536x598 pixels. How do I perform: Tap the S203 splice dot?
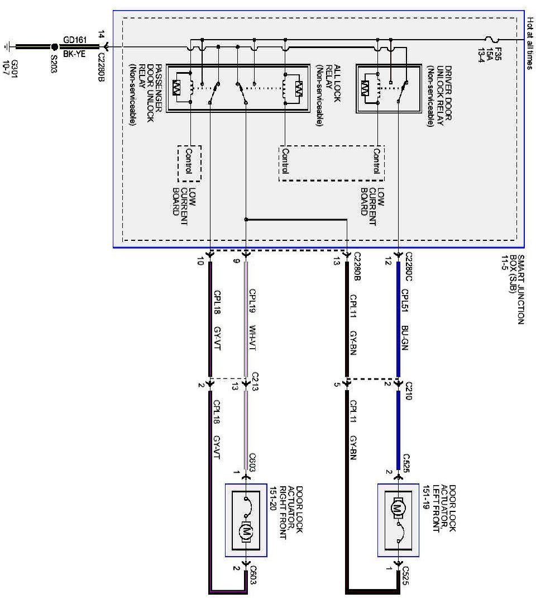click(x=55, y=46)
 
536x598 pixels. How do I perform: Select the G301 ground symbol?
click(x=7, y=46)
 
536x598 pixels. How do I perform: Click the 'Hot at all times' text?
click(x=530, y=43)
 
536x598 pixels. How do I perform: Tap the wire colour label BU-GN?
click(x=405, y=338)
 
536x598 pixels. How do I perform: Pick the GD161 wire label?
click(x=75, y=40)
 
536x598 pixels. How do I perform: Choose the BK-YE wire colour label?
click(x=74, y=54)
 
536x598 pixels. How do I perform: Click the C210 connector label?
click(x=407, y=391)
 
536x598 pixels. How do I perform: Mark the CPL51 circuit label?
click(x=405, y=301)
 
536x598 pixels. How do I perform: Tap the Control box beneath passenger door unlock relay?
click(x=189, y=163)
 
